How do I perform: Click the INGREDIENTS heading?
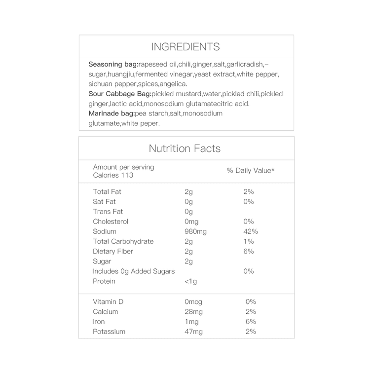point(186,47)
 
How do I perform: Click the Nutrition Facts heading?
point(185,149)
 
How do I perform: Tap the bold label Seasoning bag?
point(113,65)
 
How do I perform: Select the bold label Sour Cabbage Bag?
point(120,94)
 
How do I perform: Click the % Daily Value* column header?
point(251,171)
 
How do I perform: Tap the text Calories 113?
point(113,175)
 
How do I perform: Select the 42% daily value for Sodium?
point(251,231)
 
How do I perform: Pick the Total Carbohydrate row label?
point(123,241)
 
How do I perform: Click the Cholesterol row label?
point(111,222)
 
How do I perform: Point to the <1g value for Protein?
point(191,281)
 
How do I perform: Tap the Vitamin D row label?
point(108,301)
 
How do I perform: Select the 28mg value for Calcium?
point(193,311)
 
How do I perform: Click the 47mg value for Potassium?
point(193,332)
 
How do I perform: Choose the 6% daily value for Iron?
point(251,321)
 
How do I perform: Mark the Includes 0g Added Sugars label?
point(134,271)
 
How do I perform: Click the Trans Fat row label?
point(108,212)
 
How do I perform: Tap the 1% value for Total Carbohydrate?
point(249,241)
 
